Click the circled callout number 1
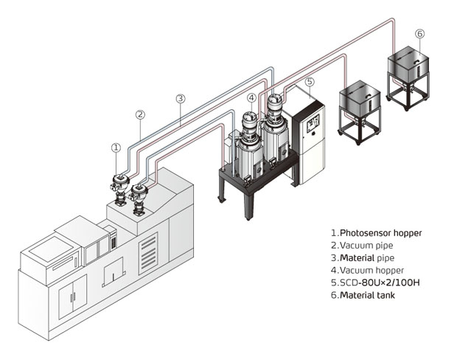tap(116, 148)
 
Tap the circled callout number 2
tap(140, 114)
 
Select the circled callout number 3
tap(181, 99)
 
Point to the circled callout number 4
tap(252, 98)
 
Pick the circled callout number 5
tap(310, 81)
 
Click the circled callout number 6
tap(419, 34)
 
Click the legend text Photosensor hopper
tap(381, 233)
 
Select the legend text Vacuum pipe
tap(366, 246)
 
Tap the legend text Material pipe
tap(367, 258)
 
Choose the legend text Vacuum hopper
tap(372, 271)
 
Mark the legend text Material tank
tap(368, 295)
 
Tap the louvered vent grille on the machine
tap(148, 253)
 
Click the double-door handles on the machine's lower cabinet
tap(72, 297)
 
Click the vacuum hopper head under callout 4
tap(250, 120)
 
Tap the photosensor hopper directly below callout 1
tap(120, 189)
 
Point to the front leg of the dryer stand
tap(249, 206)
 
